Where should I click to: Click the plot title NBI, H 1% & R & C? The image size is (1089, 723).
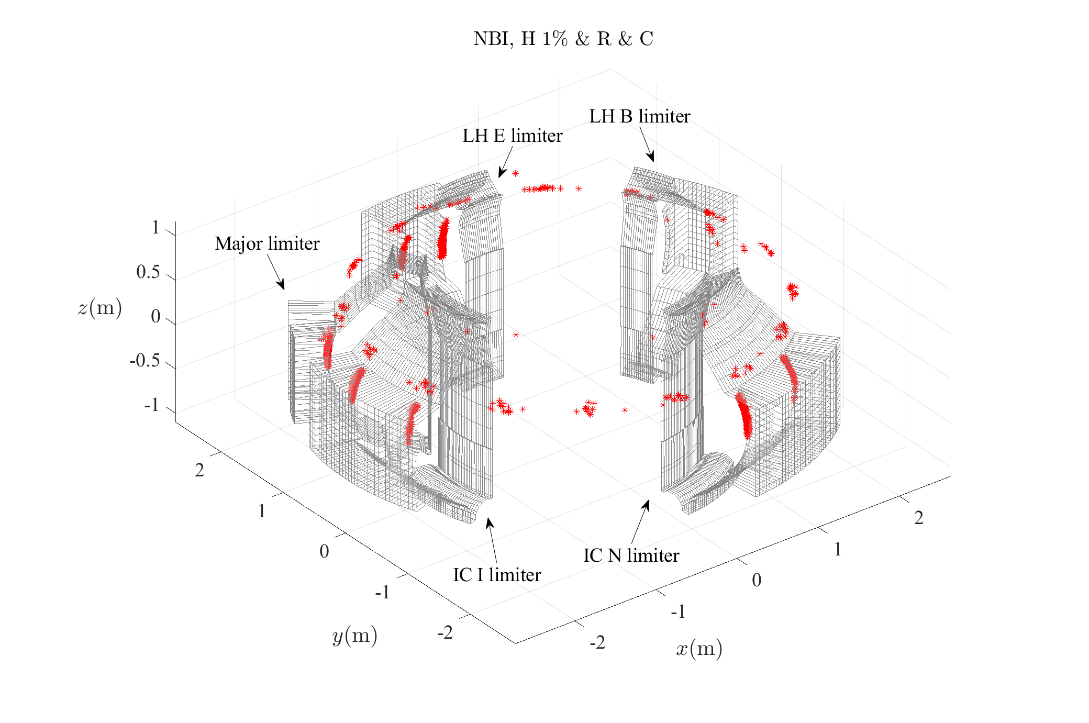click(563, 39)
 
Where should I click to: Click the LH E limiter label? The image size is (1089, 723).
click(512, 136)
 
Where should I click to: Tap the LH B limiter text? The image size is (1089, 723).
click(639, 116)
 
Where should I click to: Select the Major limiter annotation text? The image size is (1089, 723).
click(267, 244)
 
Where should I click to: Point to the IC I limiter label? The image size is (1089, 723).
click(496, 575)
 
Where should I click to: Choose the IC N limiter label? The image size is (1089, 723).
click(631, 555)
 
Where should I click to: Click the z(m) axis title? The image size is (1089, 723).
click(99, 308)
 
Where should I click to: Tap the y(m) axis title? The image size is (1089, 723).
click(354, 636)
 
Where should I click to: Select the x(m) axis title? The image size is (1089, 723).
click(698, 649)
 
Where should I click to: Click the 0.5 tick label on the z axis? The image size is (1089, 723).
click(148, 272)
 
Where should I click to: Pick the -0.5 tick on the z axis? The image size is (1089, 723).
click(145, 361)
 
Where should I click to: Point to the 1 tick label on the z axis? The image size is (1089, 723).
click(155, 228)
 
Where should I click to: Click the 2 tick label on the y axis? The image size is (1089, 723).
click(199, 471)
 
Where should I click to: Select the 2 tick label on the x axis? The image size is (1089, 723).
click(918, 518)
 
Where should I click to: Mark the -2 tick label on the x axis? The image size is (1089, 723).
click(597, 642)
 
